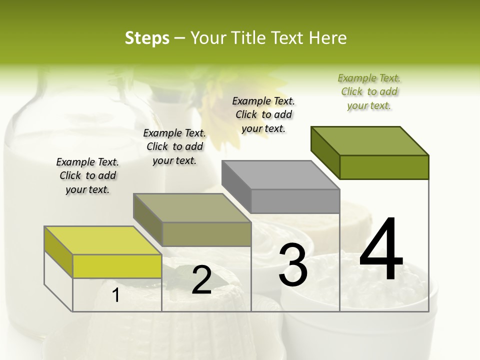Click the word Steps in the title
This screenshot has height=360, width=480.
[147, 38]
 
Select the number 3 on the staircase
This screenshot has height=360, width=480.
[293, 264]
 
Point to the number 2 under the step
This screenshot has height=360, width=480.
[201, 280]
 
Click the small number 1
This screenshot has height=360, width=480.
[116, 295]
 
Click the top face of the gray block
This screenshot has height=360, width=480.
[280, 175]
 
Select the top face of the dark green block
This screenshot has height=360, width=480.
[369, 140]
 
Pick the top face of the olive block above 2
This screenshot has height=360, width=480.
[192, 207]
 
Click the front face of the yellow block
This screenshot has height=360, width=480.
[117, 266]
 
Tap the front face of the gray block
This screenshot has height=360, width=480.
[295, 201]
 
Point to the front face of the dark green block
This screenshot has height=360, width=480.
[384, 167]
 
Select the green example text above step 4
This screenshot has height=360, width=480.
[369, 91]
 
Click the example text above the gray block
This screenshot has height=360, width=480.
[263, 114]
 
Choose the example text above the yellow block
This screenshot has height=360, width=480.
[87, 175]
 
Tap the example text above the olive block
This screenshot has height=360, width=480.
[174, 146]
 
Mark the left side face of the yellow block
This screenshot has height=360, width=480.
[58, 252]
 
